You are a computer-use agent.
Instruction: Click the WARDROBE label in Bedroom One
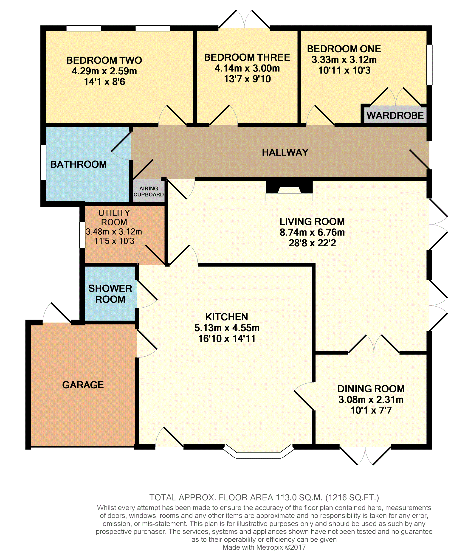tap(395, 115)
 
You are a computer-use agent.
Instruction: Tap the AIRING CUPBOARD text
tap(149, 191)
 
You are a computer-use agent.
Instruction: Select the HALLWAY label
tap(285, 152)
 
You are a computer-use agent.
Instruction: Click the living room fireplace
tap(289, 191)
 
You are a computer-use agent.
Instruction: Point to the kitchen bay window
tap(258, 452)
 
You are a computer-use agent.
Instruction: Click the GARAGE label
tap(83, 385)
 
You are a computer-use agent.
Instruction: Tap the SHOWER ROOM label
tap(110, 294)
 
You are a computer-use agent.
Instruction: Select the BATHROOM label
tap(79, 164)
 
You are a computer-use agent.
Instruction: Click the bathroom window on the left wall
tap(43, 163)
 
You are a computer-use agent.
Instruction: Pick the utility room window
tap(82, 235)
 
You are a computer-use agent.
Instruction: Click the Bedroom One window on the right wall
tap(429, 65)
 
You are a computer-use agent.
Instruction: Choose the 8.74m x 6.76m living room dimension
tap(312, 232)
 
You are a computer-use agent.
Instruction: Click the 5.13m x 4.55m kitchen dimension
tap(227, 328)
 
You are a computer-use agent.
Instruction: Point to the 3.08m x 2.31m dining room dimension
tap(371, 400)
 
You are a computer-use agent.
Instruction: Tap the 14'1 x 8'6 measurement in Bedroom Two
tap(104, 82)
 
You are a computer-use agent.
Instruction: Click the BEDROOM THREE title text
tap(247, 57)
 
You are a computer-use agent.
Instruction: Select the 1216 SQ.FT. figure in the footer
tap(352, 498)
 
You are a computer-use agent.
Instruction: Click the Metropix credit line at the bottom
tap(264, 547)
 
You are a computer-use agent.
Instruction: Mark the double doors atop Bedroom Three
tap(244, 19)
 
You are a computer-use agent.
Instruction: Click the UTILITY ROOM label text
tap(114, 217)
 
